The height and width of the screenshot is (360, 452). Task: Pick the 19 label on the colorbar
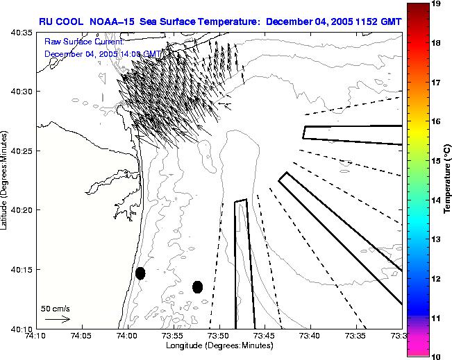[436, 3]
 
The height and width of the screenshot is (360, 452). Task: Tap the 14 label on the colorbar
[436, 200]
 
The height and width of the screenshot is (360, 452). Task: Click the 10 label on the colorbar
[436, 356]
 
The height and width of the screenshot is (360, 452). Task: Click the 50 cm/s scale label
[55, 308]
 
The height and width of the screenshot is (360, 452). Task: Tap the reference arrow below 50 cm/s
[56, 319]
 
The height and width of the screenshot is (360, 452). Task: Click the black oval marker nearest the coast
[140, 273]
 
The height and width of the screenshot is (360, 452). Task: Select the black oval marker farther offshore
[197, 286]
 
